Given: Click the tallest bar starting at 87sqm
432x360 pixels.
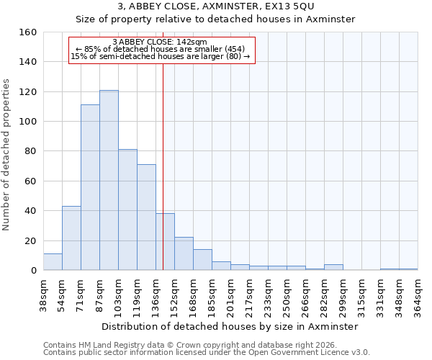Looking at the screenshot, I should [x=109, y=180].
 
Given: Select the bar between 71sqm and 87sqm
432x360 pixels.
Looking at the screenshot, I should [x=90, y=187].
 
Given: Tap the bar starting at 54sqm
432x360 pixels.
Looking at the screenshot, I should [x=71, y=238].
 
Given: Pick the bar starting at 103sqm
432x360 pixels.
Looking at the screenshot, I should [x=127, y=210].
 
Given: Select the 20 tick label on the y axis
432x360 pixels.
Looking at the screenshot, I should [x=30, y=240].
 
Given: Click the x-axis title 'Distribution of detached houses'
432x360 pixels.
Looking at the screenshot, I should [x=230, y=326].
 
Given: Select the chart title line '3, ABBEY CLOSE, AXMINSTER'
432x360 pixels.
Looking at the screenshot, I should [x=217, y=6].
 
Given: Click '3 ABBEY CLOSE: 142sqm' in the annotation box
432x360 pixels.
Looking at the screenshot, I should [x=160, y=42].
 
